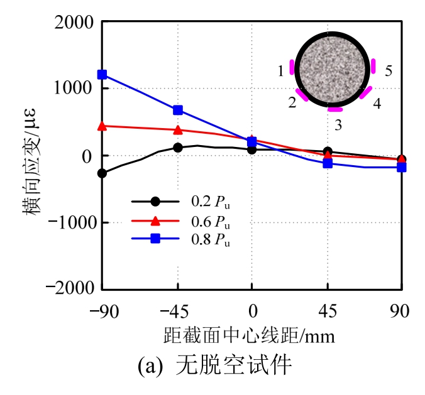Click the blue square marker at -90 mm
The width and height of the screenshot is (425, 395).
click(x=102, y=75)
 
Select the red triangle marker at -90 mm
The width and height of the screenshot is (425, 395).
click(x=102, y=126)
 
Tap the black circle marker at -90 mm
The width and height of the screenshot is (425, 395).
click(x=102, y=173)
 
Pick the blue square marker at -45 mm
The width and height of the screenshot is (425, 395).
click(x=178, y=110)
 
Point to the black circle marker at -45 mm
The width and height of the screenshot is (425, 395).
click(x=178, y=148)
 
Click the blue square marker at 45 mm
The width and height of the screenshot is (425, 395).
click(x=328, y=163)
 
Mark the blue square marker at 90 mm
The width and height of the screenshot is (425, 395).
click(x=402, y=168)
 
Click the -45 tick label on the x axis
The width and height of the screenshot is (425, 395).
click(x=177, y=310)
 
